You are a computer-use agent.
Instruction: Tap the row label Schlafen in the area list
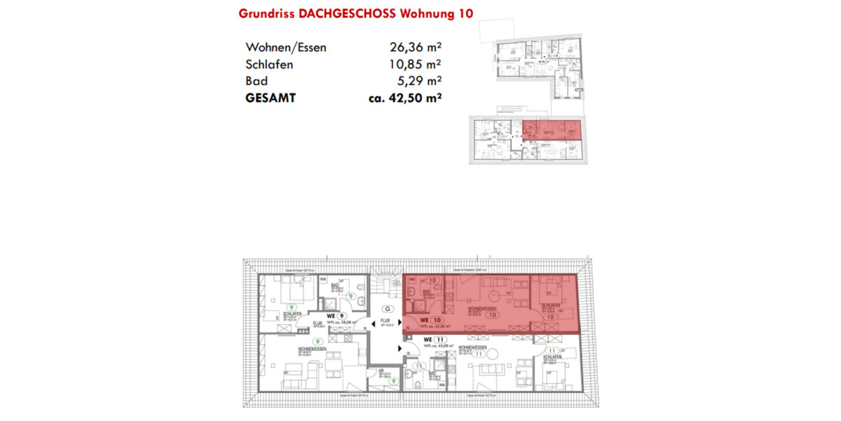269,65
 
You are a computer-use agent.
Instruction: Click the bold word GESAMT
271,99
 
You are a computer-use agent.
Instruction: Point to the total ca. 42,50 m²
404,99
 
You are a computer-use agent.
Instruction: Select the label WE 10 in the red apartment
429,319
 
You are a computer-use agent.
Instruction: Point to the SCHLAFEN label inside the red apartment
550,307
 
